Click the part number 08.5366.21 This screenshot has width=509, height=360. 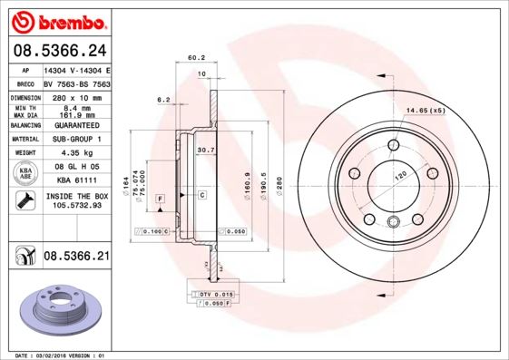pyautogui.click(x=76, y=258)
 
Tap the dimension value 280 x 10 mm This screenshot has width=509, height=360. pyautogui.click(x=76, y=96)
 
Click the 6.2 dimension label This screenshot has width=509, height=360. pyautogui.click(x=164, y=99)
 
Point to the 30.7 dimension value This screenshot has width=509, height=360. pyautogui.click(x=205, y=150)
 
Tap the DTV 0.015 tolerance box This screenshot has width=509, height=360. pyautogui.click(x=215, y=295)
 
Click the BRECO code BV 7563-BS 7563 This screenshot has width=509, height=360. pyautogui.click(x=76, y=82)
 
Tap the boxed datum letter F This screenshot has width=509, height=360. pyautogui.click(x=160, y=197)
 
